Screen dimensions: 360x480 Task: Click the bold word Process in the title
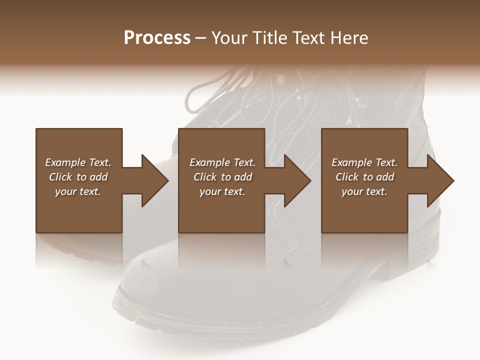157,38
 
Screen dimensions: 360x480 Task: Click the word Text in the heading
308,38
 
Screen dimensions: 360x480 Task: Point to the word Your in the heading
230,38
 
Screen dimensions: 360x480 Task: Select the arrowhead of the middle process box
297,180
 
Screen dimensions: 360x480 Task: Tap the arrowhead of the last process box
440,180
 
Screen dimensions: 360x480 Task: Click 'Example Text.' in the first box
78,162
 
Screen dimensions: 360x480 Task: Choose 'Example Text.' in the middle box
222,162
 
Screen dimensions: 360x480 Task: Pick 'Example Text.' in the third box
364,162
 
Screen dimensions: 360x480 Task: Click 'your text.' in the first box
78,191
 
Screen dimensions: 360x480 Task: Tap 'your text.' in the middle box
222,191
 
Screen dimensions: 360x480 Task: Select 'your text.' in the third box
364,191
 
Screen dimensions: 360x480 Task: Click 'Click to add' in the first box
78,177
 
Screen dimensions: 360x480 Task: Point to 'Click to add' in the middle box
222,177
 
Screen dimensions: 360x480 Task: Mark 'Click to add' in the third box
364,177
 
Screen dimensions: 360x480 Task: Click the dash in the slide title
201,38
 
